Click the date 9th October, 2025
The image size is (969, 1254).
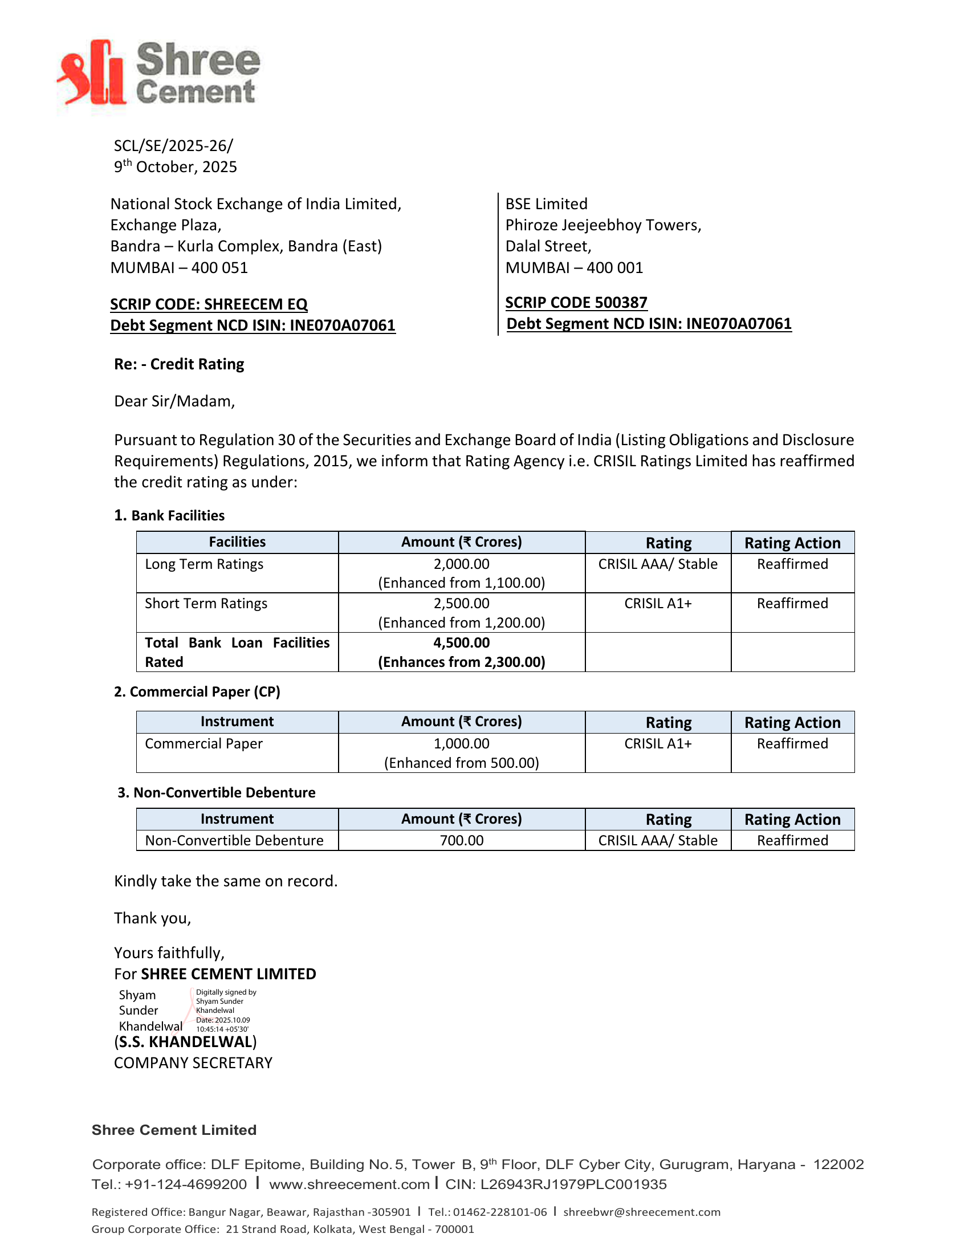pyautogui.click(x=175, y=167)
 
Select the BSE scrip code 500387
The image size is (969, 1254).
pyautogui.click(x=576, y=303)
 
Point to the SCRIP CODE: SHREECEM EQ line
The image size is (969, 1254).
pyautogui.click(x=209, y=304)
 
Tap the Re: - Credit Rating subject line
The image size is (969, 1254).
pyautogui.click(x=179, y=364)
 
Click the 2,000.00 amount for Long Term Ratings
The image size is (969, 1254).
pyautogui.click(x=462, y=564)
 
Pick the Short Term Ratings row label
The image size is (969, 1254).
pyautogui.click(x=206, y=604)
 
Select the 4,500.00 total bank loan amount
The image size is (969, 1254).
pyautogui.click(x=462, y=642)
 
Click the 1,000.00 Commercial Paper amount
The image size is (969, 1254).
pyautogui.click(x=462, y=743)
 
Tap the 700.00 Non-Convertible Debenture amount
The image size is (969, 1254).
pyautogui.click(x=462, y=841)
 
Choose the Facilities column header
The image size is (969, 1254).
pyautogui.click(x=237, y=542)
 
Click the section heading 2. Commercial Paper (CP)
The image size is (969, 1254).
pyautogui.click(x=197, y=692)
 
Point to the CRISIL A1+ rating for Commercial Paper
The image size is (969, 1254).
pyautogui.click(x=658, y=743)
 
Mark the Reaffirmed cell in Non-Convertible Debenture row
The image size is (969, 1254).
pyautogui.click(x=792, y=841)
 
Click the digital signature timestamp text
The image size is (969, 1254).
pyautogui.click(x=223, y=1024)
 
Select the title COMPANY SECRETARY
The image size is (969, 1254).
pyautogui.click(x=193, y=1063)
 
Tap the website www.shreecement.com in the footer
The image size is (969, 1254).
pyautogui.click(x=349, y=1184)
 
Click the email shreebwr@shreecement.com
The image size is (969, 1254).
pyautogui.click(x=641, y=1211)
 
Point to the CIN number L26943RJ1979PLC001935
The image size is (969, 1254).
pyautogui.click(x=573, y=1184)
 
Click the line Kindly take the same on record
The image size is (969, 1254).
pyautogui.click(x=226, y=881)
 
